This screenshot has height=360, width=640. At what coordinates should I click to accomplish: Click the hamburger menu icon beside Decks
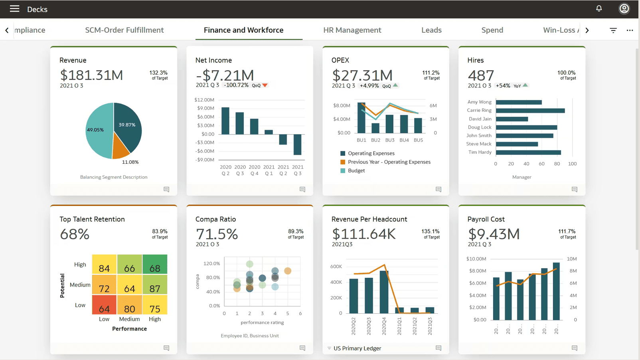click(x=14, y=9)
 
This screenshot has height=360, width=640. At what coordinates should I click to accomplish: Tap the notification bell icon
click(x=599, y=8)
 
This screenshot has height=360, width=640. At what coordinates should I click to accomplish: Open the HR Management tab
click(x=352, y=30)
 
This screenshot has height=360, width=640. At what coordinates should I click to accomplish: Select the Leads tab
click(x=431, y=30)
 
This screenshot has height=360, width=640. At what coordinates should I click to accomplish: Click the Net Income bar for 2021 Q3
click(x=297, y=144)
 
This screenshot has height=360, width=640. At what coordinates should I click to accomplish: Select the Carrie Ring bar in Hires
click(x=530, y=111)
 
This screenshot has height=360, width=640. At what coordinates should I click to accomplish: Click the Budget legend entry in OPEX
click(x=356, y=171)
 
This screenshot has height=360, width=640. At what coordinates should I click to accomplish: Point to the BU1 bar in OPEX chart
click(x=361, y=118)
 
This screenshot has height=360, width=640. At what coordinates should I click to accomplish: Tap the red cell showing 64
click(x=104, y=305)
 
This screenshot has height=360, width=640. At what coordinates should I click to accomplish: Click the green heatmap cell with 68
click(x=155, y=264)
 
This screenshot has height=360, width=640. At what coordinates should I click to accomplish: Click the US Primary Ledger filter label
click(x=357, y=348)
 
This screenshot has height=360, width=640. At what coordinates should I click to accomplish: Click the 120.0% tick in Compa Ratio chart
click(x=211, y=264)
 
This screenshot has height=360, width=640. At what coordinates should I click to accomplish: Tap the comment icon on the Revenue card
click(x=166, y=190)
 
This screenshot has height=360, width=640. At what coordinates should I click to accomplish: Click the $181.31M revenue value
click(x=91, y=75)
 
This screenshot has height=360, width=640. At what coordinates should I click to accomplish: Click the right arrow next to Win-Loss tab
click(x=587, y=30)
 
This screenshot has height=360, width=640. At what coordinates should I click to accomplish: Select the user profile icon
click(x=624, y=9)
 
